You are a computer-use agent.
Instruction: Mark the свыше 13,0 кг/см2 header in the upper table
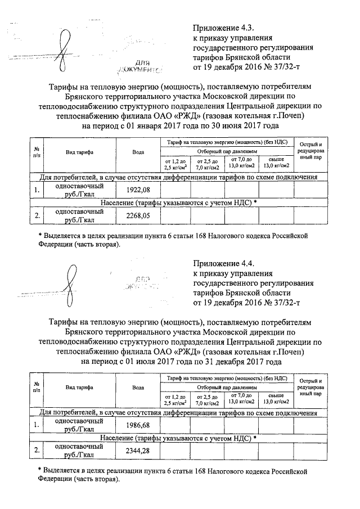tap(276, 163)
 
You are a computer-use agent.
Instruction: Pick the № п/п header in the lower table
tap(36, 388)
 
